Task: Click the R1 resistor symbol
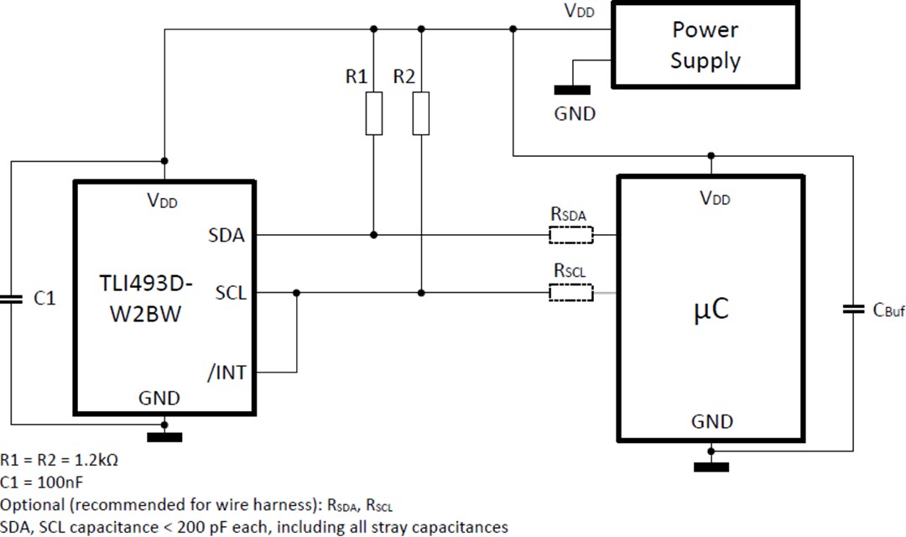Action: pyautogui.click(x=374, y=114)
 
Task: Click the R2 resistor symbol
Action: pyautogui.click(x=421, y=114)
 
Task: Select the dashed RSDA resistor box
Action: pyautogui.click(x=570, y=235)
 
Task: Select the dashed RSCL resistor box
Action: pyautogui.click(x=570, y=293)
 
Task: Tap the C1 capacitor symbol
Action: pyautogui.click(x=12, y=299)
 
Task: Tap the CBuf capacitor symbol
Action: pyautogui.click(x=852, y=310)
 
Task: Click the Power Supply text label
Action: pyautogui.click(x=705, y=45)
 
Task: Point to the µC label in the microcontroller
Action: pyautogui.click(x=711, y=310)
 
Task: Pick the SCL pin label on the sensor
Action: pyautogui.click(x=231, y=293)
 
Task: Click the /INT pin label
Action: pyautogui.click(x=226, y=372)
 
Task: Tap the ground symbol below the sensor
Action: pyautogui.click(x=164, y=436)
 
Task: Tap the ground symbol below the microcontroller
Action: pyautogui.click(x=711, y=467)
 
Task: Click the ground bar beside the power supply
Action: pyautogui.click(x=572, y=90)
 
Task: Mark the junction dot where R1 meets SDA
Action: pyautogui.click(x=374, y=235)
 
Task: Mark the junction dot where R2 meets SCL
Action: pyautogui.click(x=421, y=293)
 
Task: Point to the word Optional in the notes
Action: pyautogui.click(x=32, y=505)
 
